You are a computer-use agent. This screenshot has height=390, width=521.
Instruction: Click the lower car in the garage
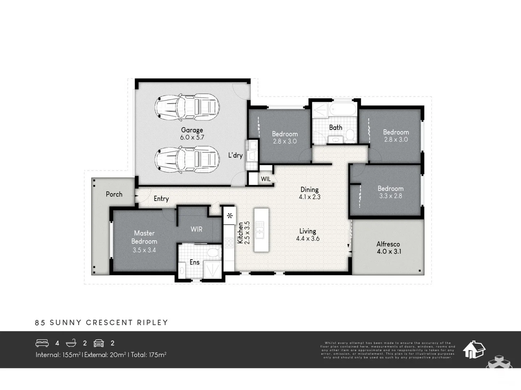[187, 159]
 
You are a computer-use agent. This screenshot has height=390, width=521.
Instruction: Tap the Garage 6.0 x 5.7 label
[192, 134]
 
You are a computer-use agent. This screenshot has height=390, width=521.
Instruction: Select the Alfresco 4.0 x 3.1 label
[389, 248]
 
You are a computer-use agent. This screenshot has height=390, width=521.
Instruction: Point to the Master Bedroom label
[144, 241]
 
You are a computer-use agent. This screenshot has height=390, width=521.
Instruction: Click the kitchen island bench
[261, 230]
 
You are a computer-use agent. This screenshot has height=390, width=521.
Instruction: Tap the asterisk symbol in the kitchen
[230, 216]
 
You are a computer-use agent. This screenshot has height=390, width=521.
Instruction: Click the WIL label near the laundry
[266, 179]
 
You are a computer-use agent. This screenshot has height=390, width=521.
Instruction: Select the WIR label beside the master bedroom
[196, 229]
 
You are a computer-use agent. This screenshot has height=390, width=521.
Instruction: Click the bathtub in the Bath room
[343, 110]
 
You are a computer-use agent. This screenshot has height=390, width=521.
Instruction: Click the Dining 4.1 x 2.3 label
[310, 193]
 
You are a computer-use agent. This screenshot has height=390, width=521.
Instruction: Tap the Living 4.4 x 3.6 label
[308, 235]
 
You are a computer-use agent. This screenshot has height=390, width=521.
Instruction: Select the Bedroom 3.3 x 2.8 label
[390, 192]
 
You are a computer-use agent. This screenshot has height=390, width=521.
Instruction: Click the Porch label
[114, 194]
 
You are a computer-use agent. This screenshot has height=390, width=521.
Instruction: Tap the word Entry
[161, 199]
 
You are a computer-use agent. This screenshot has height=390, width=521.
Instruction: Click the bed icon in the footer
[42, 343]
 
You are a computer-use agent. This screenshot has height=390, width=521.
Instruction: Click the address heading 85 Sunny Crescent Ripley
[102, 322]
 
